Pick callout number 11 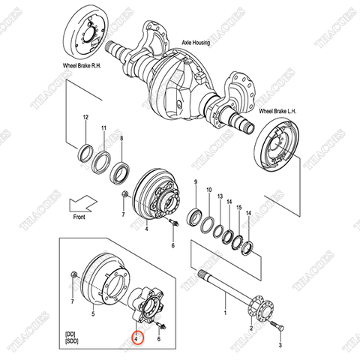[x=104, y=128]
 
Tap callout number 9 [x=196, y=183]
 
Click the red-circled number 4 [x=136, y=339]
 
